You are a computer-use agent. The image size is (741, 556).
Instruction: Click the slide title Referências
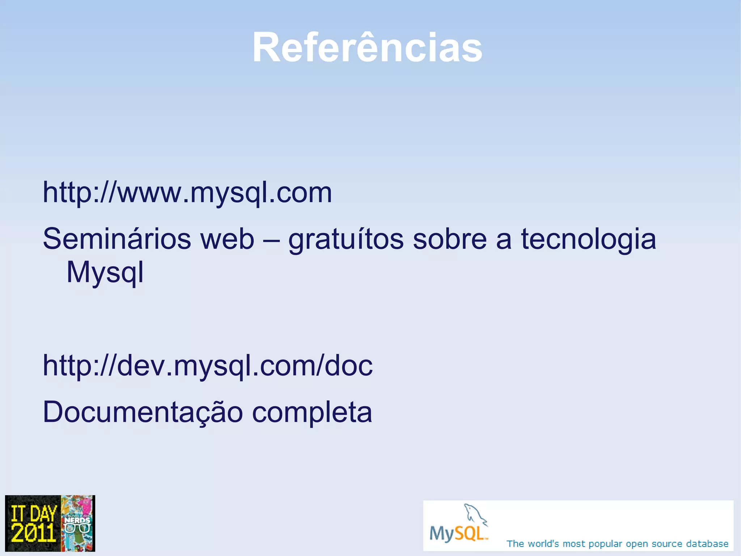(367, 47)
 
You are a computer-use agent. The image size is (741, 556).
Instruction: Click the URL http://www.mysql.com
(187, 192)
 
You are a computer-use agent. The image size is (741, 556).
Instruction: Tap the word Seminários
(117, 239)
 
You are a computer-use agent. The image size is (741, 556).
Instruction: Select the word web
(227, 239)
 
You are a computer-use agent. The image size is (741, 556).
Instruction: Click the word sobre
(450, 239)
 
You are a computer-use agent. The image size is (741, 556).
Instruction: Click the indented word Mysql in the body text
(105, 272)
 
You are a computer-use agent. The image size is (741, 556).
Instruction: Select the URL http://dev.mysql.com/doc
(207, 365)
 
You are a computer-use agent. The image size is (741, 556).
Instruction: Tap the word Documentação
(143, 412)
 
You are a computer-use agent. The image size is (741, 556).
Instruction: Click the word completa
(312, 412)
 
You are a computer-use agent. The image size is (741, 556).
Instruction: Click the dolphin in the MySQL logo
(475, 515)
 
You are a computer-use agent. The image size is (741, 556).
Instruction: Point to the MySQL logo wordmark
(458, 533)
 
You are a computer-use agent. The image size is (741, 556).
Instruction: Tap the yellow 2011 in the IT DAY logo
(33, 532)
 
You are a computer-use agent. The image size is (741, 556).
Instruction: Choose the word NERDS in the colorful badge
(77, 521)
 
